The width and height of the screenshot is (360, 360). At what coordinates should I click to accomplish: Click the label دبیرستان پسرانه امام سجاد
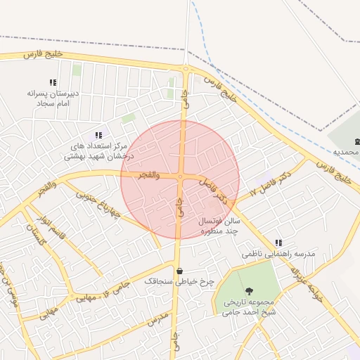point(53,98)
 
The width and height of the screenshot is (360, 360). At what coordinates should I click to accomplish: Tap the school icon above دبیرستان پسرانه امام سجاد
point(53,82)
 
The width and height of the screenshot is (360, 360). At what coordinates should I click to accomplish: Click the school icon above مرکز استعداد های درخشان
point(98,135)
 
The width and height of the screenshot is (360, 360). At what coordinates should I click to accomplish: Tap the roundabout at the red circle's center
point(181,177)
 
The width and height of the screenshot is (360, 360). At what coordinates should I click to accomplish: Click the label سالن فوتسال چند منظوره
point(221,226)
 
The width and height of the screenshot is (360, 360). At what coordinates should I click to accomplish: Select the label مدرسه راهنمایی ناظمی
point(279,253)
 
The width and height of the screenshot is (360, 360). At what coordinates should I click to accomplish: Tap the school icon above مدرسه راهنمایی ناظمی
point(279,242)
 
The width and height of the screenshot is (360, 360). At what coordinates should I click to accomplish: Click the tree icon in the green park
point(248,290)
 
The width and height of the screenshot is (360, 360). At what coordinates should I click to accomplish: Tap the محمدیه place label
point(346,153)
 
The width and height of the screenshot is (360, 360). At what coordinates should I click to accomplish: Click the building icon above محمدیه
point(356,141)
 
